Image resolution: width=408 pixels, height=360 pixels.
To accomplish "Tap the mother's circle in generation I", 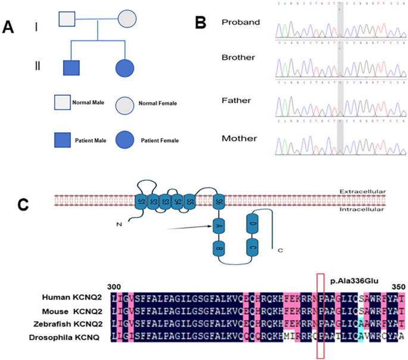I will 129,20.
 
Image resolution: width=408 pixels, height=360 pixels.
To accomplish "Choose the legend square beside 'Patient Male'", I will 62,140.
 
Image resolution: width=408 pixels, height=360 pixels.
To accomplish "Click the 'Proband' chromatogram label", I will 241,23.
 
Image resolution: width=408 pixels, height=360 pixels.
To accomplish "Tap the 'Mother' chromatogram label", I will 239,139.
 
